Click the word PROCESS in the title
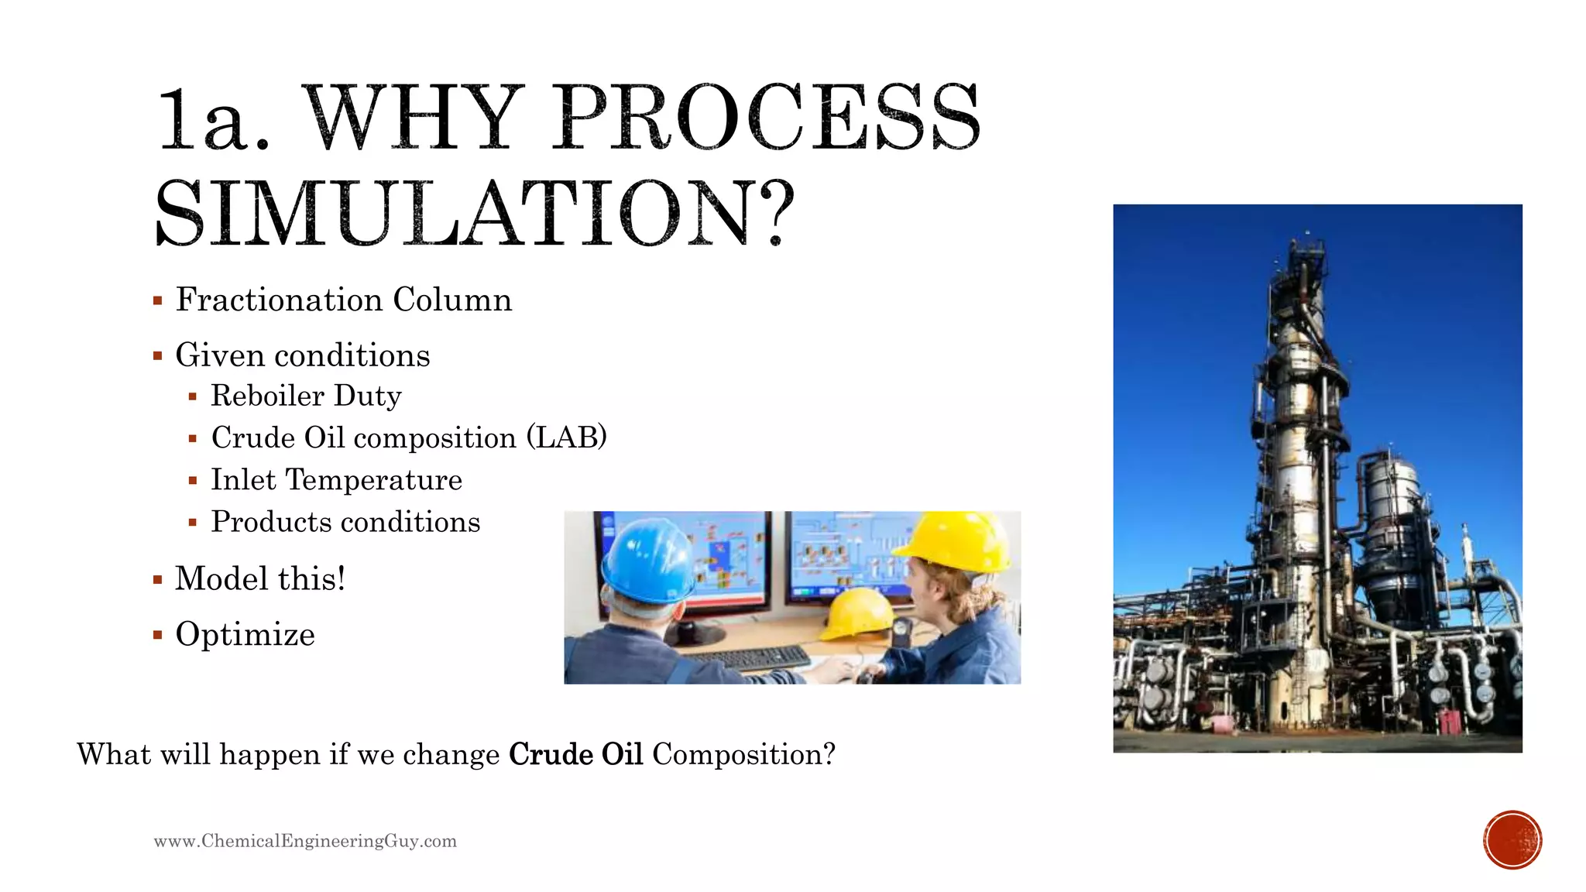coord(767,118)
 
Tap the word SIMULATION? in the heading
coord(474,214)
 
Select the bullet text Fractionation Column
coord(343,300)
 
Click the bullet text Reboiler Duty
coord(306,396)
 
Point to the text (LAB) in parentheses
coord(566,437)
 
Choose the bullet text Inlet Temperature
coord(336,480)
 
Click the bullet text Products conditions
coord(345,522)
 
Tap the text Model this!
coord(260,578)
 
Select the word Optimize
coord(245,634)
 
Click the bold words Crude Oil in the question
coord(575,754)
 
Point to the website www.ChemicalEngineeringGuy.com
coord(305,841)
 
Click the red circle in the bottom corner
coord(1512,840)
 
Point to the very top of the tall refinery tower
coord(1308,233)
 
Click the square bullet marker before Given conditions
coord(158,356)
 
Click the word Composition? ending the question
coord(743,754)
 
